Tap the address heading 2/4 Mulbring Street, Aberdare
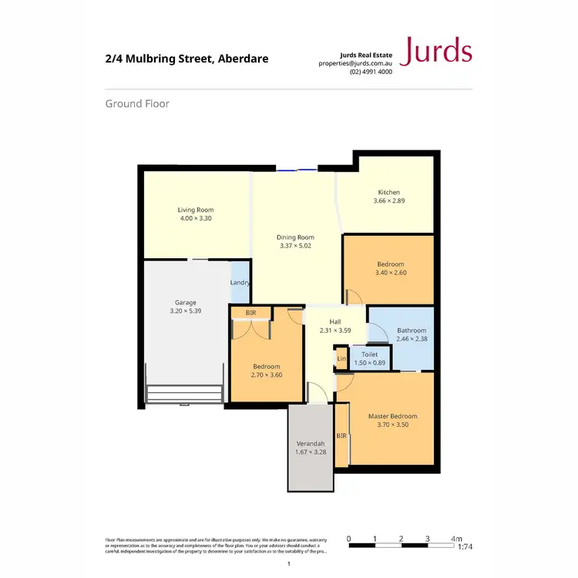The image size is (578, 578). coord(187,59)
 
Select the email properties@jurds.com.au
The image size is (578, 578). coord(355,63)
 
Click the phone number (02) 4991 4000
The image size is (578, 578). coord(371,72)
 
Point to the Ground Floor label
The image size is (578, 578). coord(137,103)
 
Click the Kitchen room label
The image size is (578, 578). coord(388,193)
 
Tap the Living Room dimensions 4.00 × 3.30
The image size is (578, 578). coord(196,218)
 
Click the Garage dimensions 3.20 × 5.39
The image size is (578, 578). coord(185,311)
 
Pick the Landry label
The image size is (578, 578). coord(240,283)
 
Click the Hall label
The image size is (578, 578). coord(335,322)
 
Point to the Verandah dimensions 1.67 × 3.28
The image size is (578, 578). coord(311,452)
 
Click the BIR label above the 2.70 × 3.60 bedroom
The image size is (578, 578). coord(250,313)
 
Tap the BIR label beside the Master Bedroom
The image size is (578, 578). coord(341,435)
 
